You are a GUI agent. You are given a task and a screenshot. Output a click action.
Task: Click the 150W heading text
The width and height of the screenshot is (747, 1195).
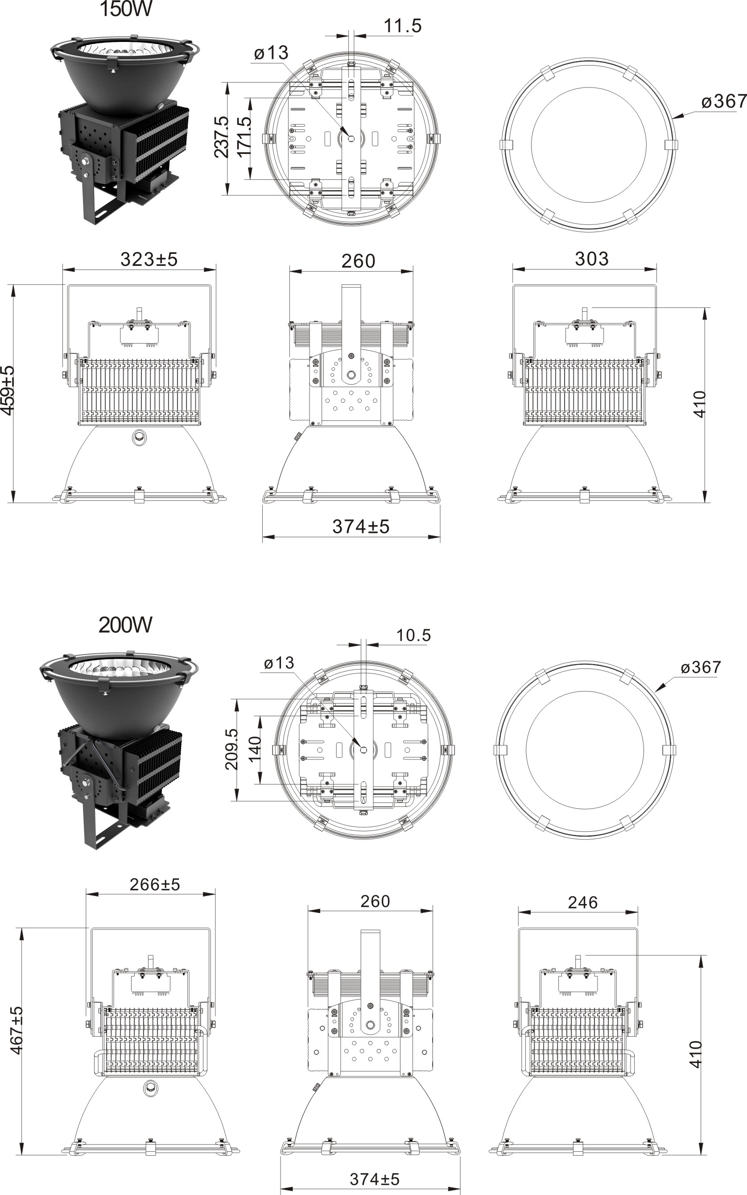[126, 9]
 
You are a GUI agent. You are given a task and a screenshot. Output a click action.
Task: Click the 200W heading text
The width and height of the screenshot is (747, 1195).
[125, 625]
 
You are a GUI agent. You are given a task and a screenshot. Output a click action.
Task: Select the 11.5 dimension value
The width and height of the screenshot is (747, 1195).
[403, 26]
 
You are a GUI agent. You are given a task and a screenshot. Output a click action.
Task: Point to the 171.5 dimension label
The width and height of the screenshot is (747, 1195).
[244, 137]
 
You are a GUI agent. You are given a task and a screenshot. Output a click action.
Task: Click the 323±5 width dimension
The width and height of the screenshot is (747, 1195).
[149, 259]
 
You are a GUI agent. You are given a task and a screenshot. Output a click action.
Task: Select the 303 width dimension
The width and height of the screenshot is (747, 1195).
[591, 259]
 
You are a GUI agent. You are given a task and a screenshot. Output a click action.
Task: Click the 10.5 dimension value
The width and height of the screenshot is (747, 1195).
[413, 635]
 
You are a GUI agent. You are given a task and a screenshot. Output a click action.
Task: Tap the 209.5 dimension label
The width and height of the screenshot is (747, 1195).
[232, 749]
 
